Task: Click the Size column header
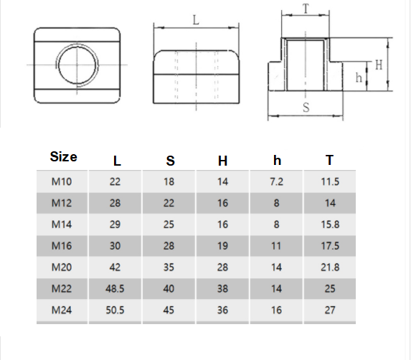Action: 63,156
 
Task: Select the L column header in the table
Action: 117,161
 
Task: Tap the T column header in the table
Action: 329,160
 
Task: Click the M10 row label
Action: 62,181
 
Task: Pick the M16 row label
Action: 62,246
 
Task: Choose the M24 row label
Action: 62,310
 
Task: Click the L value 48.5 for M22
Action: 115,289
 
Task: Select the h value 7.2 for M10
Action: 277,181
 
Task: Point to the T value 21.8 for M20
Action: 330,267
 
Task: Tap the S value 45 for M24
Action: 169,310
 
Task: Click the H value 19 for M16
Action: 222,246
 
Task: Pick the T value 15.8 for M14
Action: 330,224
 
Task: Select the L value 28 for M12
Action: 115,203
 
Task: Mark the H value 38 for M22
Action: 222,289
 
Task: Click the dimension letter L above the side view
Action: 196,20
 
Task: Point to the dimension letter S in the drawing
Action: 306,108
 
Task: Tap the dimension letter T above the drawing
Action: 306,9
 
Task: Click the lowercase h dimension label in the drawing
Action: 359,77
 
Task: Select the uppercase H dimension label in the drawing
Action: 379,65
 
